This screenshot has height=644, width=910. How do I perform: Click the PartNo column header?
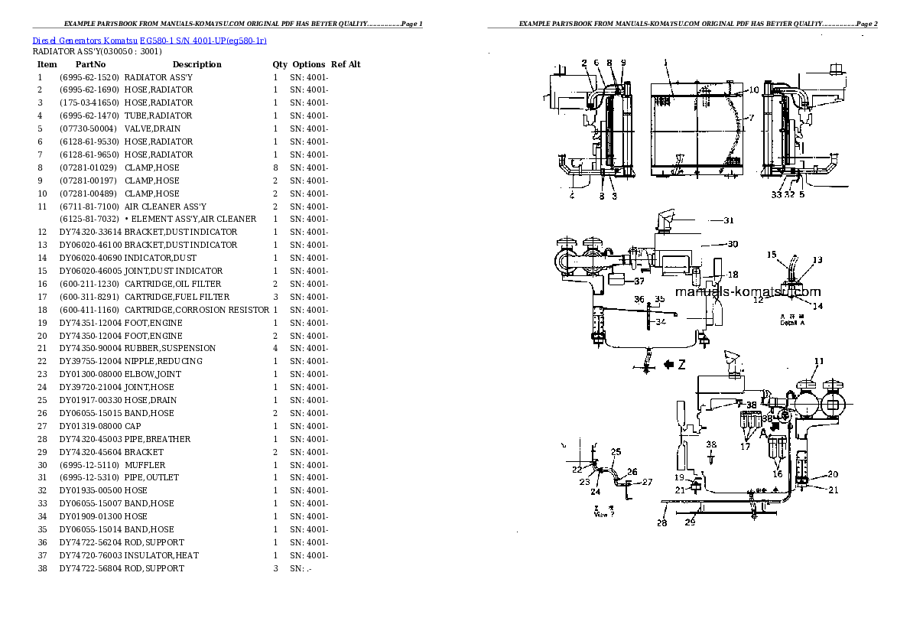point(89,64)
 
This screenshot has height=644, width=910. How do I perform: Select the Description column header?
point(197,64)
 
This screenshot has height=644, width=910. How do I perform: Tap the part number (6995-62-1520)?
point(89,77)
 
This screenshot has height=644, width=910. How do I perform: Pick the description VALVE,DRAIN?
point(152,128)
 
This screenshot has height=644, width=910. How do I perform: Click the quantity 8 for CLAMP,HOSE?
point(275,168)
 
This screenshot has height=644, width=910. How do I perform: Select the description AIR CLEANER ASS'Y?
point(165,207)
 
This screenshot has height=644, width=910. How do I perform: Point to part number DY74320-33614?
point(90,232)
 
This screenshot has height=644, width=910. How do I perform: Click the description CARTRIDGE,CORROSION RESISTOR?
point(197,310)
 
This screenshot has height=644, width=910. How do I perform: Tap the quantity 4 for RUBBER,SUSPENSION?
point(275,348)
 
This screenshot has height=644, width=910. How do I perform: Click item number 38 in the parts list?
point(42,568)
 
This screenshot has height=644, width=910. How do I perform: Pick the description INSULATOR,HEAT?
point(161,555)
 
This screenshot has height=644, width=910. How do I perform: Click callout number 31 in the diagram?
point(729,220)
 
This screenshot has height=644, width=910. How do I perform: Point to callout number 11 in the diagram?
point(819,361)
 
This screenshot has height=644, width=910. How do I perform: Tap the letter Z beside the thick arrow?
point(681,366)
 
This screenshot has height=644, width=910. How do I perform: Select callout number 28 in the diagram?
point(661,523)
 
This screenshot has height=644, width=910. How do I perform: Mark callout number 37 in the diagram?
point(639,281)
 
